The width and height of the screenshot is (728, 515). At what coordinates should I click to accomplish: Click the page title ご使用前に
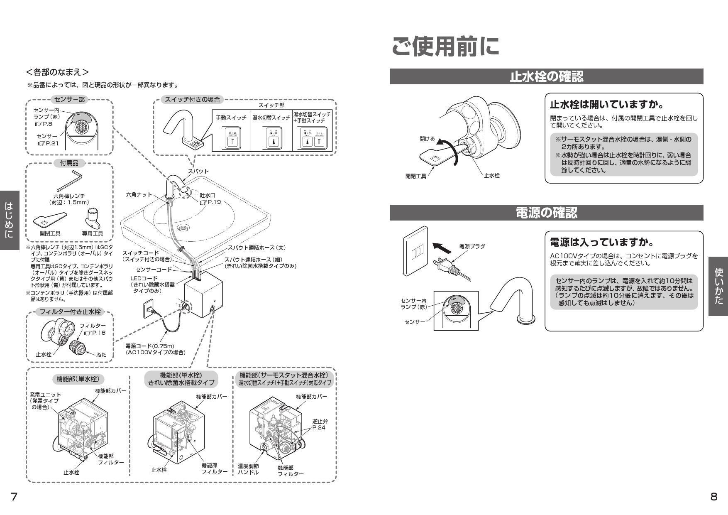coord(445,46)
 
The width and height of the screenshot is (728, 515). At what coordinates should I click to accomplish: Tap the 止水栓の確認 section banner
coord(546,76)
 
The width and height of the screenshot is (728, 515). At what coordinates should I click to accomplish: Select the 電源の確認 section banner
coord(546,213)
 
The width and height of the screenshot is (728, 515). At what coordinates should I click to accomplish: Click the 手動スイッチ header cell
coord(231,118)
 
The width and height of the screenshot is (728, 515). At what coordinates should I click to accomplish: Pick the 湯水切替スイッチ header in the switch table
coord(271,118)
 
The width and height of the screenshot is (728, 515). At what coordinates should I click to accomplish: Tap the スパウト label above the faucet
coord(198,171)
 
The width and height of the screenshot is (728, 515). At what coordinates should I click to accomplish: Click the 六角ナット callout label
coord(139,194)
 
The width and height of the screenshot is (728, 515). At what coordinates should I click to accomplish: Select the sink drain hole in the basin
coord(183,228)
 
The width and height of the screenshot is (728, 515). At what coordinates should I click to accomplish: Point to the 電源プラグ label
coord(471,246)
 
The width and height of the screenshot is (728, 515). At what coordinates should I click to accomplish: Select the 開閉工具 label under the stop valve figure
coord(415,176)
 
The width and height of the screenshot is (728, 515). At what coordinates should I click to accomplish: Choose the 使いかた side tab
coord(718,286)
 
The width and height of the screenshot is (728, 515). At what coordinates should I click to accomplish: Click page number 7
coord(14,497)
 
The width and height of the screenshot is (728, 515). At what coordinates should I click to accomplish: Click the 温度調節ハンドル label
coord(248,469)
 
